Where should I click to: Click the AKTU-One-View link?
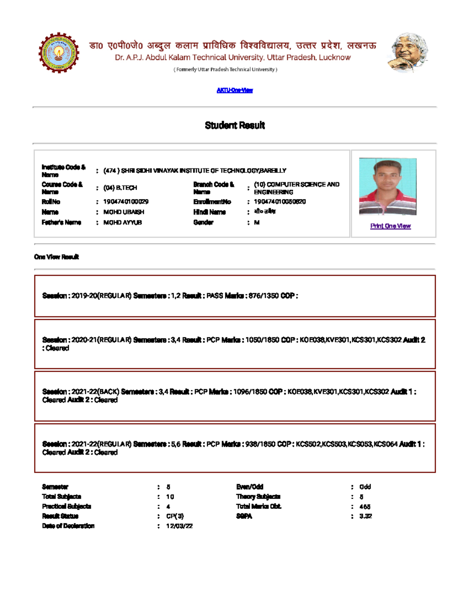(234, 90)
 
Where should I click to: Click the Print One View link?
(390, 226)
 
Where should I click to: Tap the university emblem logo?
(59, 52)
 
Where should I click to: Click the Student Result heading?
(234, 125)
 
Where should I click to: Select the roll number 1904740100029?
(125, 202)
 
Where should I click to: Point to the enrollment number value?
(279, 202)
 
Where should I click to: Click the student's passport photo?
(387, 186)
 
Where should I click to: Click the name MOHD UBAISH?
(124, 212)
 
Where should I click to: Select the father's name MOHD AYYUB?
(122, 222)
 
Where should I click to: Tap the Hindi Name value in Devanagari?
(265, 211)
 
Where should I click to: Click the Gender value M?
(256, 222)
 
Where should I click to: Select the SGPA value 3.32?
(365, 516)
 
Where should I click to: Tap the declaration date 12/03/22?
(179, 526)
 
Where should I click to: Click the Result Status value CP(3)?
(175, 516)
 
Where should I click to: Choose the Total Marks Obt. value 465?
(365, 507)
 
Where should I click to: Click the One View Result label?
(56, 257)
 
